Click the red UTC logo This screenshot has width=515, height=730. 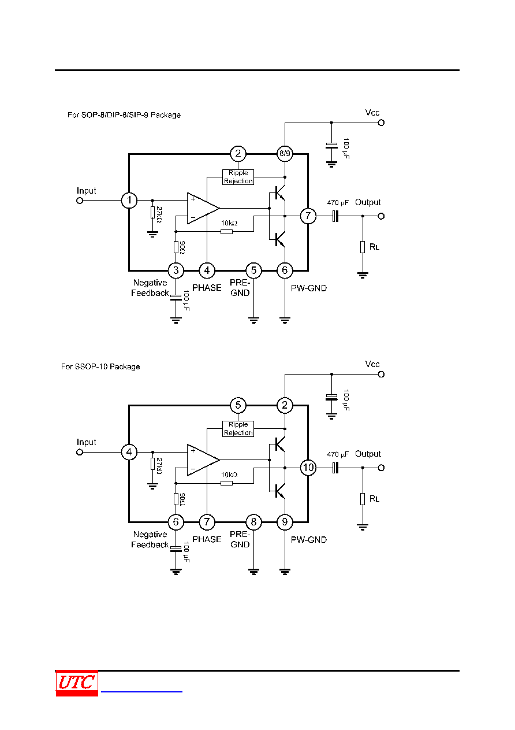coord(77,683)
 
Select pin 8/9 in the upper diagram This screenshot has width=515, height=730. coord(285,154)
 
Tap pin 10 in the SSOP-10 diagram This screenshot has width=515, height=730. coord(308,468)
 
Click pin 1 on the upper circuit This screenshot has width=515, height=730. coord(129,200)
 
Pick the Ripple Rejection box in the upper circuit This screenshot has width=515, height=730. coord(238,177)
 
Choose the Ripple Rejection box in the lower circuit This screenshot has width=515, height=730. coord(238,428)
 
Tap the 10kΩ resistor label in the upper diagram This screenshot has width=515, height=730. coord(229,223)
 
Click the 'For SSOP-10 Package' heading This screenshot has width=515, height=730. coord(100,366)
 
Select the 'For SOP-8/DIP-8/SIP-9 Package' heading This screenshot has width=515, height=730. coord(124,115)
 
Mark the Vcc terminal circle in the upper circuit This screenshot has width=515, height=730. coord(381,123)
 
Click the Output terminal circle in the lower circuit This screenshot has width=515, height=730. coord(381,468)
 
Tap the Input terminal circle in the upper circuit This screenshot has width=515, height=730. coord(80,201)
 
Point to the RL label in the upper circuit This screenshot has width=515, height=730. coord(374,247)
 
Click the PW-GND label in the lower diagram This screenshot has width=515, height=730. coord(309,540)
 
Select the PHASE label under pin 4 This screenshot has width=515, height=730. coord(207,288)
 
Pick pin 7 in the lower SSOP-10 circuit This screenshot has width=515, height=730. coord(207,522)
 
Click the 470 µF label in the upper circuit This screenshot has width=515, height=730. coord(338,203)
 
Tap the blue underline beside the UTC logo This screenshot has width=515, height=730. coord(141,691)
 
